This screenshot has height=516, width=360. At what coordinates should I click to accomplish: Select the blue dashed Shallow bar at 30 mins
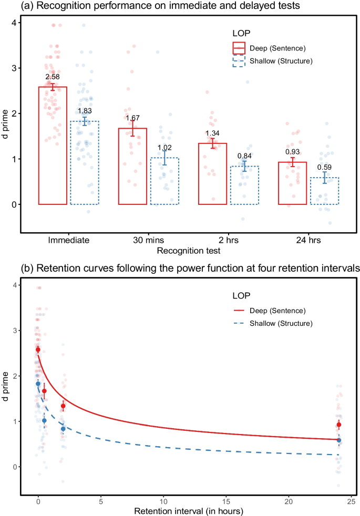[164, 181]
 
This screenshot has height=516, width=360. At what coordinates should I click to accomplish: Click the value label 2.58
[53, 77]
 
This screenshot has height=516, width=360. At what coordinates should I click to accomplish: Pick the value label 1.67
[133, 118]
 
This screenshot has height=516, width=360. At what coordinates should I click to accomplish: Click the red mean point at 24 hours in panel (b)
[339, 425]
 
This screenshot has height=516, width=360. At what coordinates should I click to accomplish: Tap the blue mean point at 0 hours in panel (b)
[38, 384]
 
